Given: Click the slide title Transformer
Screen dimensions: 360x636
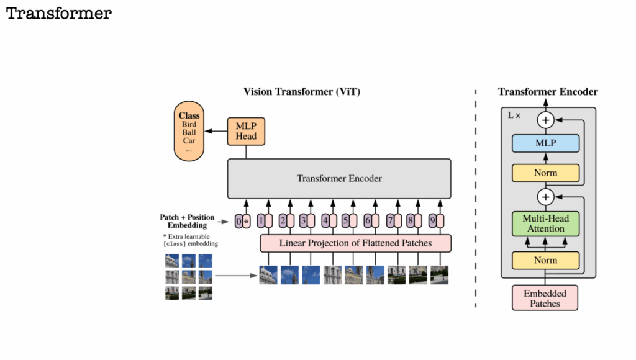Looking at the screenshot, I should click(59, 14).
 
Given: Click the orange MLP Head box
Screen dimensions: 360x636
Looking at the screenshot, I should click(246, 131).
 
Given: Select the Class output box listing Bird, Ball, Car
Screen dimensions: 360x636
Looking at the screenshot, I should click(188, 132).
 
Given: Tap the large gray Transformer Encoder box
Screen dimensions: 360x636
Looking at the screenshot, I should click(338, 179).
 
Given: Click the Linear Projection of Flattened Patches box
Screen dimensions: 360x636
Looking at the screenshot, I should click(355, 243).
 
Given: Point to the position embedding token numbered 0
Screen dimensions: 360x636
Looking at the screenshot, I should click(239, 220).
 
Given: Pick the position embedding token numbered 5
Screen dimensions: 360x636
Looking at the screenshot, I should click(345, 220).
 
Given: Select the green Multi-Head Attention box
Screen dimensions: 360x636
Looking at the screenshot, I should click(545, 223).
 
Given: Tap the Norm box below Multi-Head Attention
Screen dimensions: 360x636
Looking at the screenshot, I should click(545, 260).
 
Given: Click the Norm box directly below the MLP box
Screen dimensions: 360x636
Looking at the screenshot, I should click(545, 173).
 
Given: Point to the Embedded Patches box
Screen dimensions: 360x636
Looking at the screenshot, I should click(545, 298).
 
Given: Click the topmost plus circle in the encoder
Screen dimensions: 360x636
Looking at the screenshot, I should click(546, 120).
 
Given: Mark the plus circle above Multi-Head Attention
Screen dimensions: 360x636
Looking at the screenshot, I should click(546, 197).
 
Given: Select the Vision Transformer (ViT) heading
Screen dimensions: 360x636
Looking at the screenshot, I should click(302, 92).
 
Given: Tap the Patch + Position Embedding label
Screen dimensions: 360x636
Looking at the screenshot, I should click(187, 221).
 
